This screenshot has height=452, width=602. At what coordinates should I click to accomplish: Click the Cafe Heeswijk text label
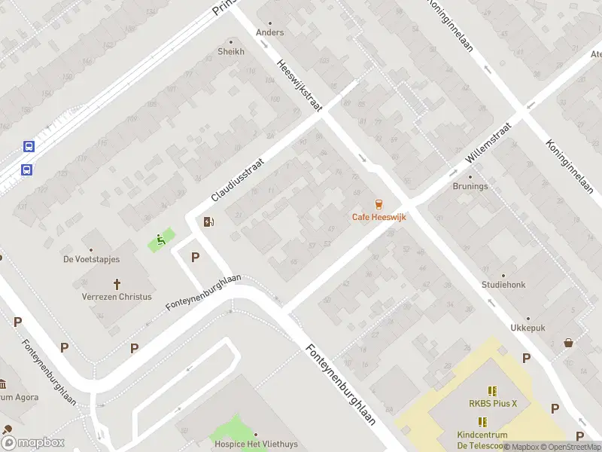[379, 217]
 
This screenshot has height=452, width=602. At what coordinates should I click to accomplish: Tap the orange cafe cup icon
[379, 204]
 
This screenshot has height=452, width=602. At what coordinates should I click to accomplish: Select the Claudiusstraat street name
[238, 179]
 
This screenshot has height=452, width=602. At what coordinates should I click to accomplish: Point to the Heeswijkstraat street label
[299, 87]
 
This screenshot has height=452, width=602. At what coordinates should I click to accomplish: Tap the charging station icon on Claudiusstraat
[208, 221]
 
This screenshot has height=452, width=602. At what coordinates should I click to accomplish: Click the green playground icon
[160, 240]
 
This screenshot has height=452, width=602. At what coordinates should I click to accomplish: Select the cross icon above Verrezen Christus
[117, 284]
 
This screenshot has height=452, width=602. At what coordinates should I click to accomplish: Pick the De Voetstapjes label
[91, 259]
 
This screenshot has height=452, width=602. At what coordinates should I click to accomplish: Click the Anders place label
[270, 32]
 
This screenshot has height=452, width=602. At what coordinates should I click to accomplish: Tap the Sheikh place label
[231, 52]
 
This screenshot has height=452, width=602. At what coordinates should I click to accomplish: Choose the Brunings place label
[470, 186]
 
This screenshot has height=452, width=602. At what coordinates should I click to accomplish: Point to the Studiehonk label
[503, 285]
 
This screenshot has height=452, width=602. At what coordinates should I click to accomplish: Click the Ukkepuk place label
[528, 328]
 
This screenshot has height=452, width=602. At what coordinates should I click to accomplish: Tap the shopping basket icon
[569, 343]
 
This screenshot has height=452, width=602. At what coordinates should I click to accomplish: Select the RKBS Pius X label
[493, 403]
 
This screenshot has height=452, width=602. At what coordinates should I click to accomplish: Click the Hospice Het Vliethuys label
[256, 444]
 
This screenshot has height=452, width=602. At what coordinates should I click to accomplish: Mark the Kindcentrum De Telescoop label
[482, 439]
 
